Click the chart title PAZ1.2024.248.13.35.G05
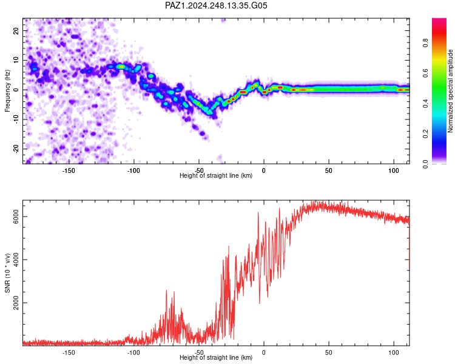click(x=216, y=5)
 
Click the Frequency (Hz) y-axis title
click(x=7, y=90)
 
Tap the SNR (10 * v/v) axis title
click(x=7, y=273)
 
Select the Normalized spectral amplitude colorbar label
click(x=450, y=91)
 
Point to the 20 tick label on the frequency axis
click(x=16, y=30)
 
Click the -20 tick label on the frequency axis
click(x=16, y=149)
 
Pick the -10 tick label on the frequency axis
click(x=16, y=120)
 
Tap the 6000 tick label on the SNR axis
click(x=16, y=217)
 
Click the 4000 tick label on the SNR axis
click(x=16, y=260)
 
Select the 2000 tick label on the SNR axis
click(x=16, y=303)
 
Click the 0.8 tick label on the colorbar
click(x=426, y=42)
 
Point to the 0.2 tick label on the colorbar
click(x=426, y=134)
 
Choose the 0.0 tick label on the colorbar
click(x=426, y=164)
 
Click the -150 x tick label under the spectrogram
click(x=69, y=170)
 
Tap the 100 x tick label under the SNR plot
click(x=394, y=352)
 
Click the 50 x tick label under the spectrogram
click(x=328, y=170)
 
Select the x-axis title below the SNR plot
click(x=216, y=357)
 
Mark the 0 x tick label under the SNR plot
click(x=263, y=352)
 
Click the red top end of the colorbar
click(x=439, y=20)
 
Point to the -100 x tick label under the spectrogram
click(x=133, y=170)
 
